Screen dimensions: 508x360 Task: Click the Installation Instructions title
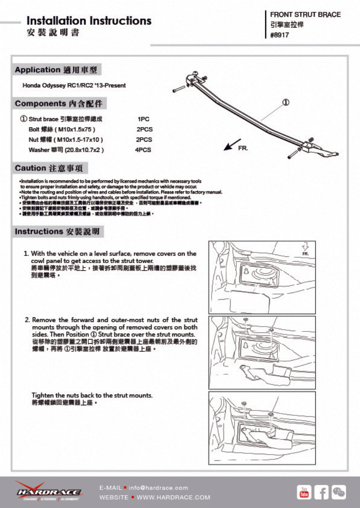click(x=89, y=21)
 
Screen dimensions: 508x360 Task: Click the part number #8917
click(x=280, y=35)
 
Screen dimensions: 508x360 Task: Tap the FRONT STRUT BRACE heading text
click(x=305, y=15)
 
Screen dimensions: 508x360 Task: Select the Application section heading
click(x=56, y=70)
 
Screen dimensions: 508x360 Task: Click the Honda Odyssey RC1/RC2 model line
click(x=74, y=85)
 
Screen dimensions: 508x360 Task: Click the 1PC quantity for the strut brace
click(x=144, y=119)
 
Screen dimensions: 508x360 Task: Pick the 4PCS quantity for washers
click(x=143, y=150)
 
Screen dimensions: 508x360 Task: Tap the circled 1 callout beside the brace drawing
click(x=285, y=102)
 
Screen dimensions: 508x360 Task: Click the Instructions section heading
click(x=57, y=231)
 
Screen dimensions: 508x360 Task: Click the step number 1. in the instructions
click(x=27, y=254)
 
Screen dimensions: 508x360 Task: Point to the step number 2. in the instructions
click(x=27, y=320)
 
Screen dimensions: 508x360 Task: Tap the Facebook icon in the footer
click(x=321, y=492)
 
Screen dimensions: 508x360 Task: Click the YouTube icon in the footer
click(x=304, y=492)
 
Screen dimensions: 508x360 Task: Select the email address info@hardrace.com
click(x=160, y=488)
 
